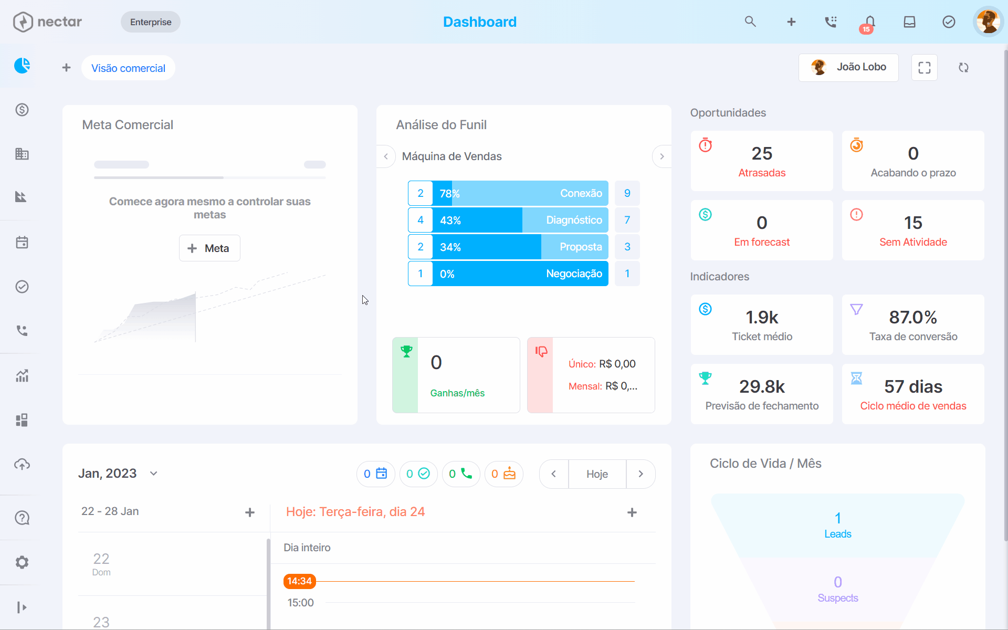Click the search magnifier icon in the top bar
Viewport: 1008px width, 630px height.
[750, 22]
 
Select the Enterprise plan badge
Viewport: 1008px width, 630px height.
[151, 22]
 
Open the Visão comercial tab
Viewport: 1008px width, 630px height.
[128, 68]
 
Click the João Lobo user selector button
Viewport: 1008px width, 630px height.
[848, 67]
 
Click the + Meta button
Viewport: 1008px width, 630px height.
[209, 248]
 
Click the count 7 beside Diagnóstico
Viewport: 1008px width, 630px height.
[627, 220]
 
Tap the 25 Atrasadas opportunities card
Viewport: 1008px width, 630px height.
[762, 161]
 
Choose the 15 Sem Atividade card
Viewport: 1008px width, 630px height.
[913, 230]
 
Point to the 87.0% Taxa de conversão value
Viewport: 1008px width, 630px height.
[913, 317]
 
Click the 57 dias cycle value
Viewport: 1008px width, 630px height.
[913, 386]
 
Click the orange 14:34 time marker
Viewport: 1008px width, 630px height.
[300, 581]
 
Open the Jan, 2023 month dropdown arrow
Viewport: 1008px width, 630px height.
[154, 474]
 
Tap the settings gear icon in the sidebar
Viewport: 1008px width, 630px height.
[22, 562]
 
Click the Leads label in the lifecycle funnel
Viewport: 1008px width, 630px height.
[838, 534]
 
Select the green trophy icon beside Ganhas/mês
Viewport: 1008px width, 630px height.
[406, 351]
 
